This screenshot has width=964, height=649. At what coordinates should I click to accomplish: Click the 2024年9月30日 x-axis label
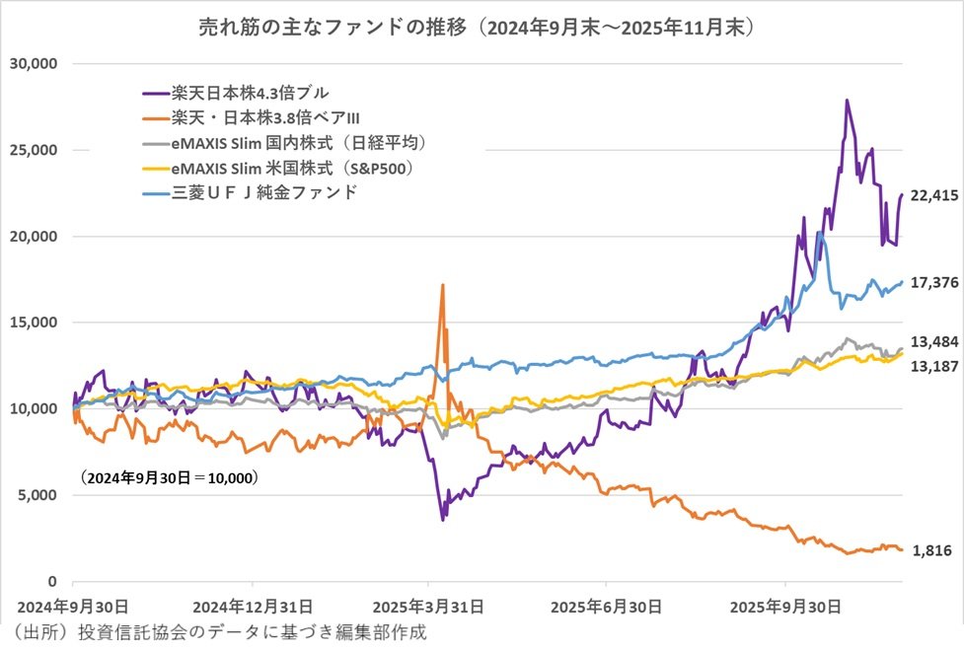pos(73,605)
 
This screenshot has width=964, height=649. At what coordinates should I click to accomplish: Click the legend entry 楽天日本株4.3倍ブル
pos(244,95)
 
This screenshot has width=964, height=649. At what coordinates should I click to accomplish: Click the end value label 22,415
pos(934,195)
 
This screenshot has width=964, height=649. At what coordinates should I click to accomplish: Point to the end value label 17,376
pos(933,283)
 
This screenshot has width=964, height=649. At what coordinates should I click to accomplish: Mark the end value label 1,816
pos(933,550)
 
